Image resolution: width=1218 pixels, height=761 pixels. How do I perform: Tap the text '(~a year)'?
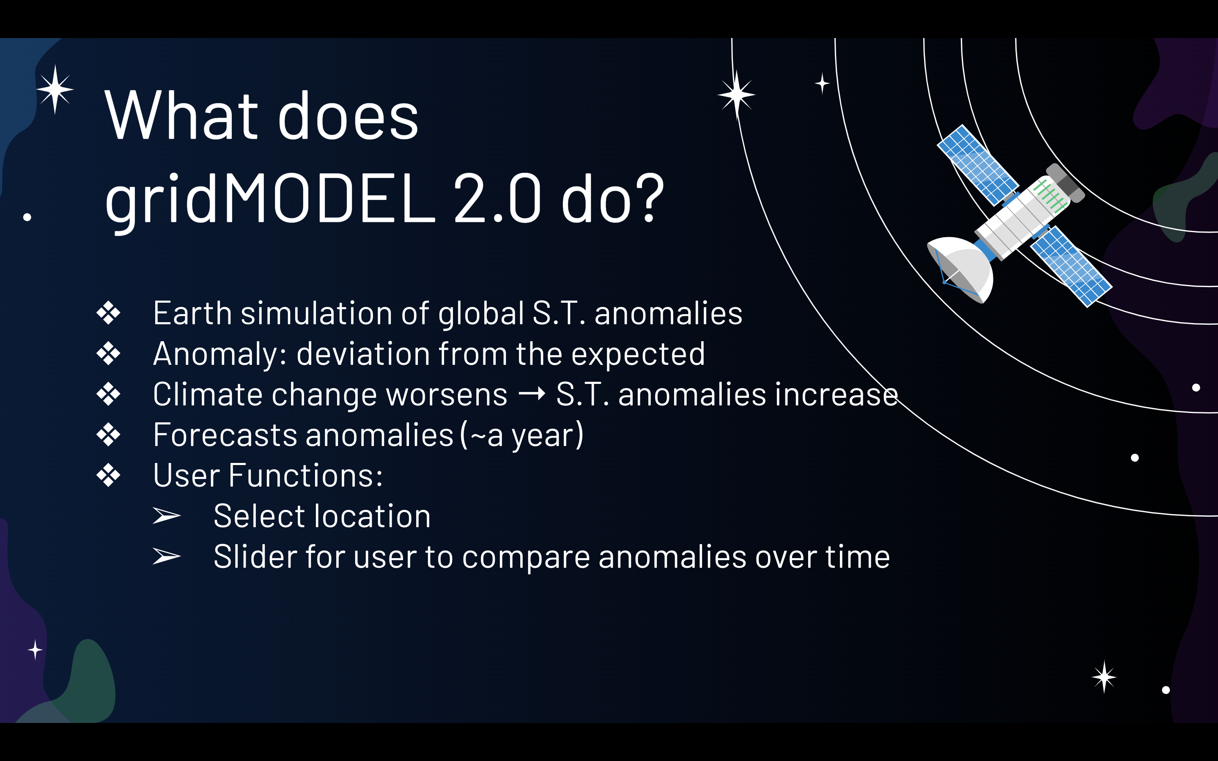click(x=522, y=435)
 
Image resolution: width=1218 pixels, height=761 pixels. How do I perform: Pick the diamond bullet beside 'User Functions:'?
click(x=108, y=475)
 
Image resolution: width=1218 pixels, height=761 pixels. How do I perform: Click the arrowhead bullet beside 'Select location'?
click(x=167, y=515)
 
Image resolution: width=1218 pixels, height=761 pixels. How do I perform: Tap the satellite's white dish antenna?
click(x=961, y=270)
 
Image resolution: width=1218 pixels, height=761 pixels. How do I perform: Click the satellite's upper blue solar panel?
click(x=977, y=165)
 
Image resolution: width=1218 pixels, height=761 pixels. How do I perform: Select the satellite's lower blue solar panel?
click(x=1071, y=266)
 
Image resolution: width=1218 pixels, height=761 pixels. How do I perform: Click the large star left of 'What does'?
click(x=55, y=90)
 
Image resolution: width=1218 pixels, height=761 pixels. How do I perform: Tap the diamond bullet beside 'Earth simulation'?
click(x=108, y=312)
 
